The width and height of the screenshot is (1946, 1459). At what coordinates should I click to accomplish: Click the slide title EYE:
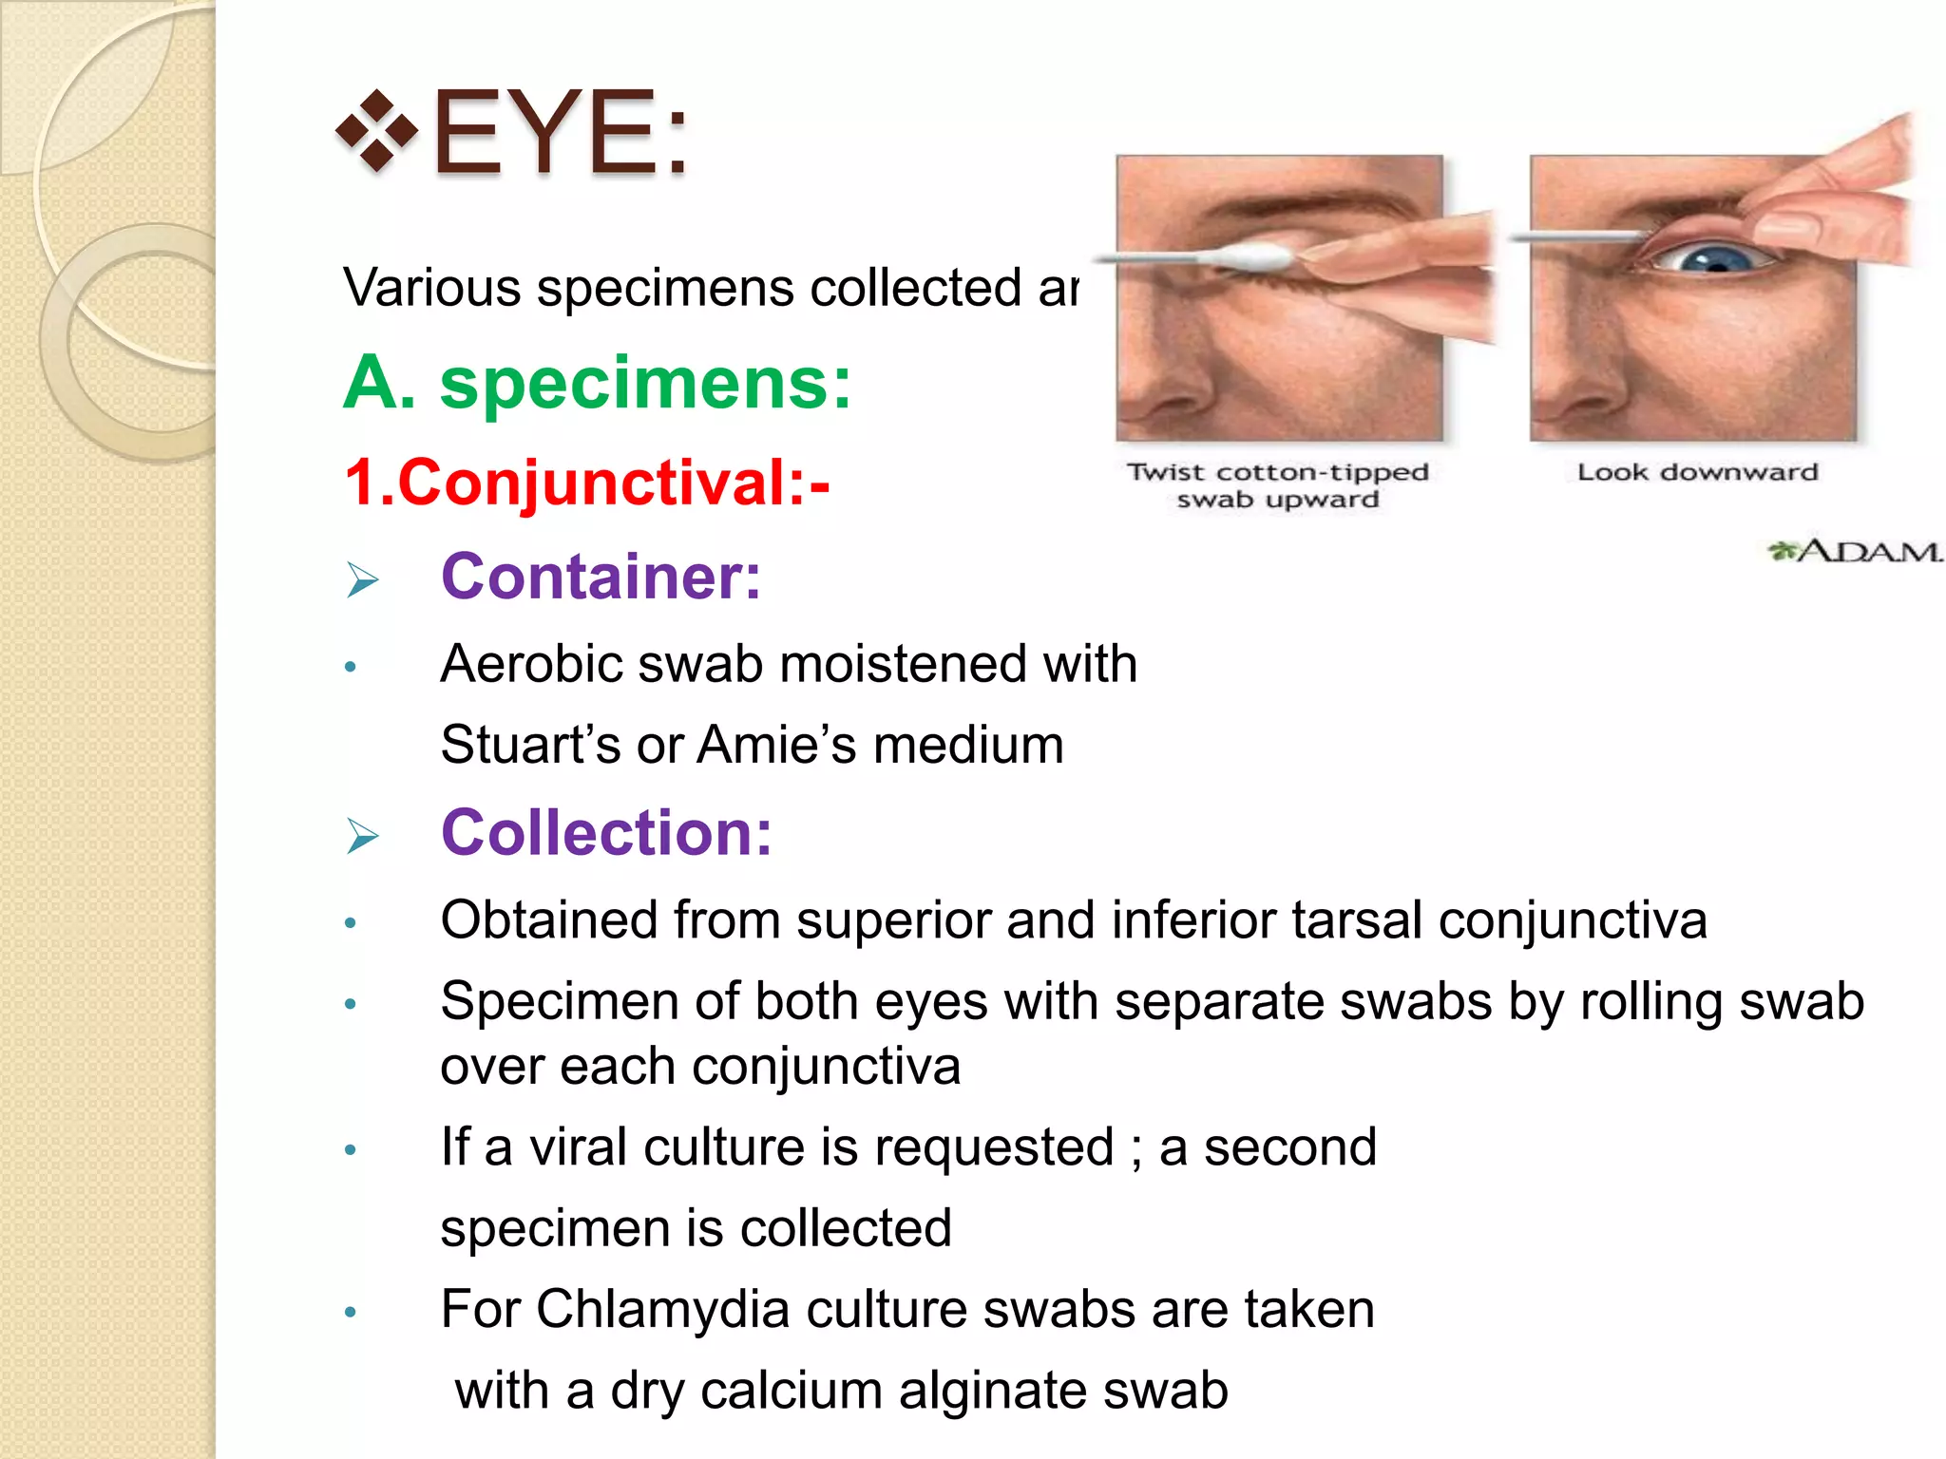coord(561,133)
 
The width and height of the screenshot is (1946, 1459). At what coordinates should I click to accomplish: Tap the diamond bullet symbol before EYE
coord(377,131)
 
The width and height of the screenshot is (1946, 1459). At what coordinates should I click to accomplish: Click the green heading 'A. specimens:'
coord(597,383)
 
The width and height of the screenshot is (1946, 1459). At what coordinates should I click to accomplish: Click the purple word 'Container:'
coord(601,577)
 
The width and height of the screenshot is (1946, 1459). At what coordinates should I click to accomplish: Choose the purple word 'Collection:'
coord(606,833)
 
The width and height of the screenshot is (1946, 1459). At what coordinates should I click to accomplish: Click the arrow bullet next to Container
coord(362,579)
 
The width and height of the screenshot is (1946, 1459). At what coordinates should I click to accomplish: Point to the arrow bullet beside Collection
coord(362,836)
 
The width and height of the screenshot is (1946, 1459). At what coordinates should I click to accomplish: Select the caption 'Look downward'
coord(1697,472)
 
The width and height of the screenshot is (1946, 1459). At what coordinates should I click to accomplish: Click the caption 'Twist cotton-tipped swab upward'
coord(1277,485)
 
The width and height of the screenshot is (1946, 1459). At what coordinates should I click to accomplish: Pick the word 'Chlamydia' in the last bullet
coord(662,1309)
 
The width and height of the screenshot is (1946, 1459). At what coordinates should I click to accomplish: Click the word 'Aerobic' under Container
coord(532,663)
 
